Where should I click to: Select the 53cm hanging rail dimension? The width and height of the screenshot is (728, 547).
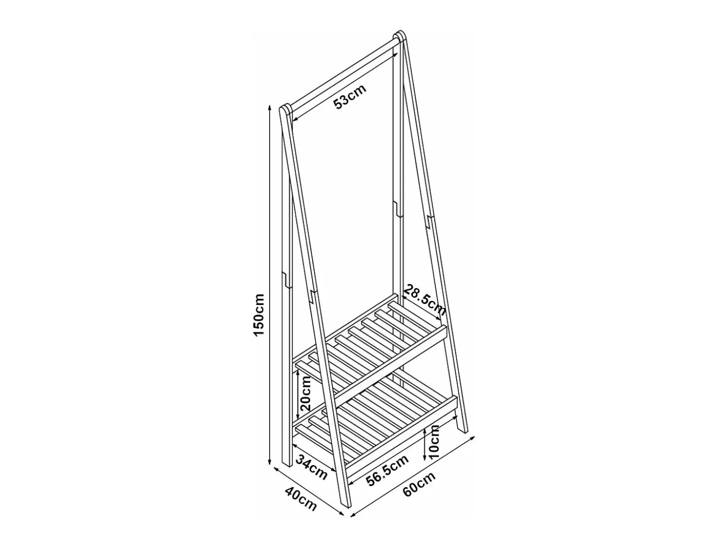coord(350,97)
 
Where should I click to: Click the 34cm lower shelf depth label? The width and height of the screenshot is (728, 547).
coord(312,467)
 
